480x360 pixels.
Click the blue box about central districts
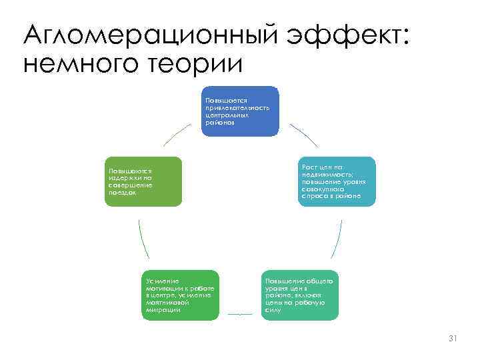pyautogui.click(x=241, y=111)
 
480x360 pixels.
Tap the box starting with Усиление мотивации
pyautogui.click(x=181, y=295)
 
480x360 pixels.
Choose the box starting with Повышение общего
pyautogui.click(x=300, y=295)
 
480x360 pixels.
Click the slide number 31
pyautogui.click(x=453, y=339)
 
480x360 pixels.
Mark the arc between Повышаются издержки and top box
pyautogui.click(x=177, y=135)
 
